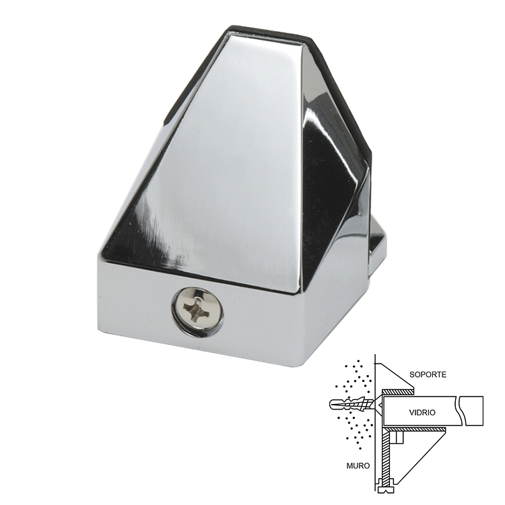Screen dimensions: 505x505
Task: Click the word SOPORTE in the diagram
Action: pos(428,374)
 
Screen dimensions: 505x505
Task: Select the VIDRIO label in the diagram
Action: pos(422,412)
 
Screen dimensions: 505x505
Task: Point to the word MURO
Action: pos(358,466)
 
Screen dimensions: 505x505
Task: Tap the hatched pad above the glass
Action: pos(398,392)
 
